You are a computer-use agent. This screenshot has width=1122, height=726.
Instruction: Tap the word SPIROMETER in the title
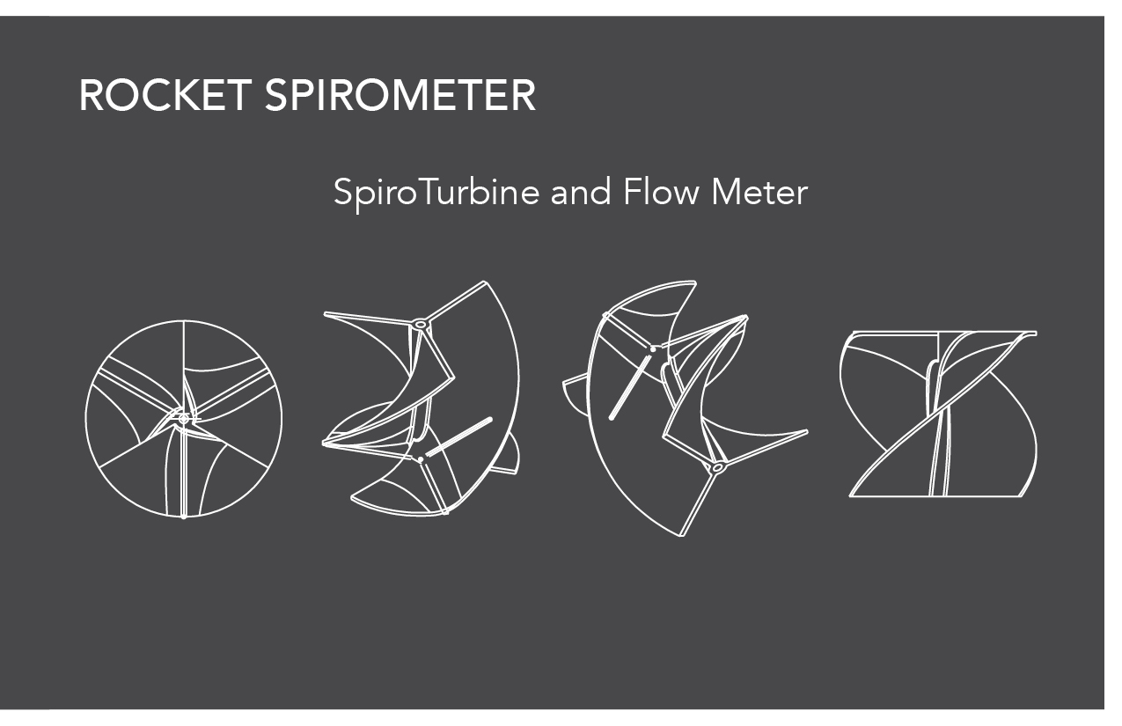pyautogui.click(x=400, y=95)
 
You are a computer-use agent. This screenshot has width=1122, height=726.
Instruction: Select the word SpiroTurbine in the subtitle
pyautogui.click(x=436, y=192)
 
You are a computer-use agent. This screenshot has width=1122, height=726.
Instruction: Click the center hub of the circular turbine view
pyautogui.click(x=183, y=419)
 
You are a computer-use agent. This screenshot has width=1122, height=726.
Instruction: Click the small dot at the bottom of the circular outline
pyautogui.click(x=183, y=517)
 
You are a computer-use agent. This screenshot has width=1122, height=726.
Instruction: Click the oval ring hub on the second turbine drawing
pyautogui.click(x=421, y=324)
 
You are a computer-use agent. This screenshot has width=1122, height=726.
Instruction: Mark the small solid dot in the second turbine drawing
pyautogui.click(x=422, y=459)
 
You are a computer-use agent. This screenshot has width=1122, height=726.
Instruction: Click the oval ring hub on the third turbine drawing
pyautogui.click(x=718, y=466)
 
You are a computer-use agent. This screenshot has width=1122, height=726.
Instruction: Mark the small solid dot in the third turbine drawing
pyautogui.click(x=652, y=349)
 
